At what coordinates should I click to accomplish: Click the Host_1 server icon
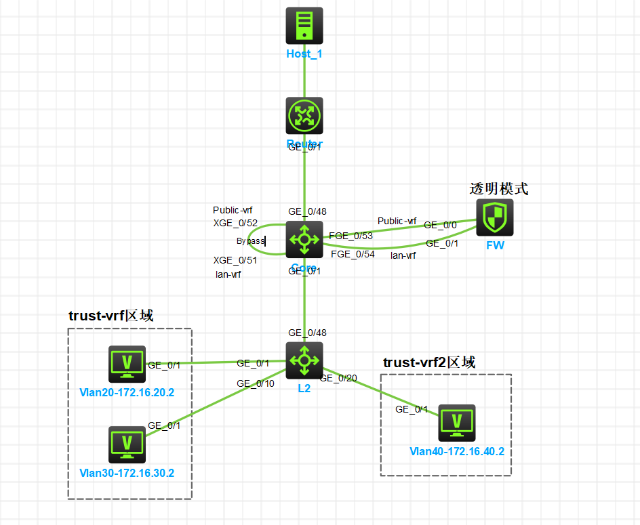304,26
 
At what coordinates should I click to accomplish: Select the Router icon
304,115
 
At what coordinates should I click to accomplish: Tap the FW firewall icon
495,217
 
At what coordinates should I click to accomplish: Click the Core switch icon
304,239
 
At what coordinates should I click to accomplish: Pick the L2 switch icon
304,360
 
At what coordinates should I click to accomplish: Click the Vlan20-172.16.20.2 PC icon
127,364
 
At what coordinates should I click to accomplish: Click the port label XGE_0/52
235,223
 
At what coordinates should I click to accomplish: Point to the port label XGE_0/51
235,259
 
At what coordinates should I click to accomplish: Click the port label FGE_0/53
351,236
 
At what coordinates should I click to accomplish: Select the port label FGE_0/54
353,254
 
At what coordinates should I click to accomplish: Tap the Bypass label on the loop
250,241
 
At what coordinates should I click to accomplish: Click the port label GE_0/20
338,378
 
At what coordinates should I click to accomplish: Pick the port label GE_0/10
256,383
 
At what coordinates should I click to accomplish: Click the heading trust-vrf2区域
429,363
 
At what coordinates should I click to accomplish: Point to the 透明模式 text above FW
499,189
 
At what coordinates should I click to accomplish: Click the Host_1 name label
304,54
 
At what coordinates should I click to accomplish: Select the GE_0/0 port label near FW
441,225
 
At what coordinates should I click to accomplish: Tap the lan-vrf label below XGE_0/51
228,274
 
